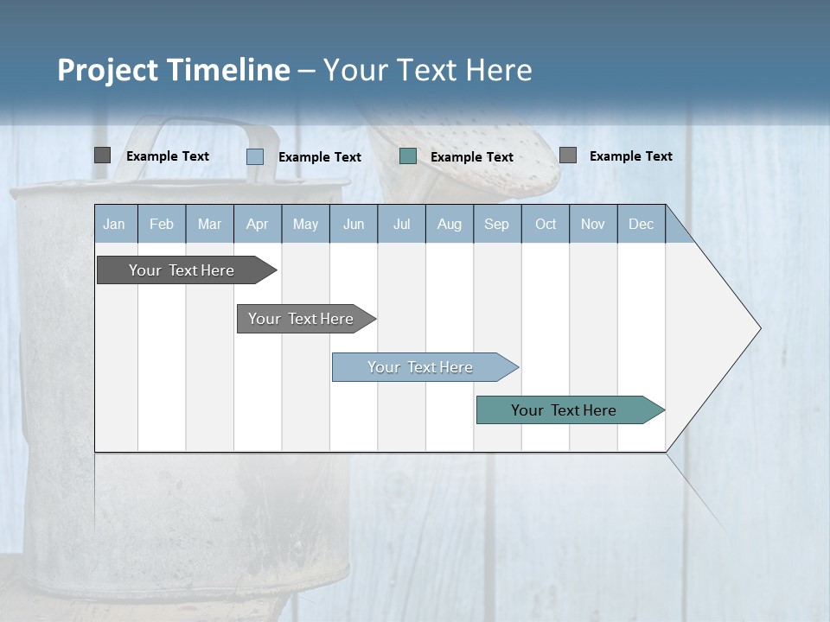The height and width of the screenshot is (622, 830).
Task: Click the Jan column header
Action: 114,225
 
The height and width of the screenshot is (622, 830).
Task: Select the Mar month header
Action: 209,225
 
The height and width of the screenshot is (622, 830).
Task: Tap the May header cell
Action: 305,225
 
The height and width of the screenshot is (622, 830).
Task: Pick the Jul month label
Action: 401,225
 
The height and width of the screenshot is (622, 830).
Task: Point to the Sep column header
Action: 496,225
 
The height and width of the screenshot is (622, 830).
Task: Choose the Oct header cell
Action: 546,225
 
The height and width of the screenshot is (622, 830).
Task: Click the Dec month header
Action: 641,225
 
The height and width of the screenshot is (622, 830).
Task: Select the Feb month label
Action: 162,225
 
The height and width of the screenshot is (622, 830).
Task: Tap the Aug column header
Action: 449,225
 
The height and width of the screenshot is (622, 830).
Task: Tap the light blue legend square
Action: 255,156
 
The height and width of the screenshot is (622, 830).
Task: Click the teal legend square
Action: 408,155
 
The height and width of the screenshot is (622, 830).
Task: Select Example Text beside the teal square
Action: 472,157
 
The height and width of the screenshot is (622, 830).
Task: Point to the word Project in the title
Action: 106,70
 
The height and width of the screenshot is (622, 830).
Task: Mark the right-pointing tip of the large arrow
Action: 758,328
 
